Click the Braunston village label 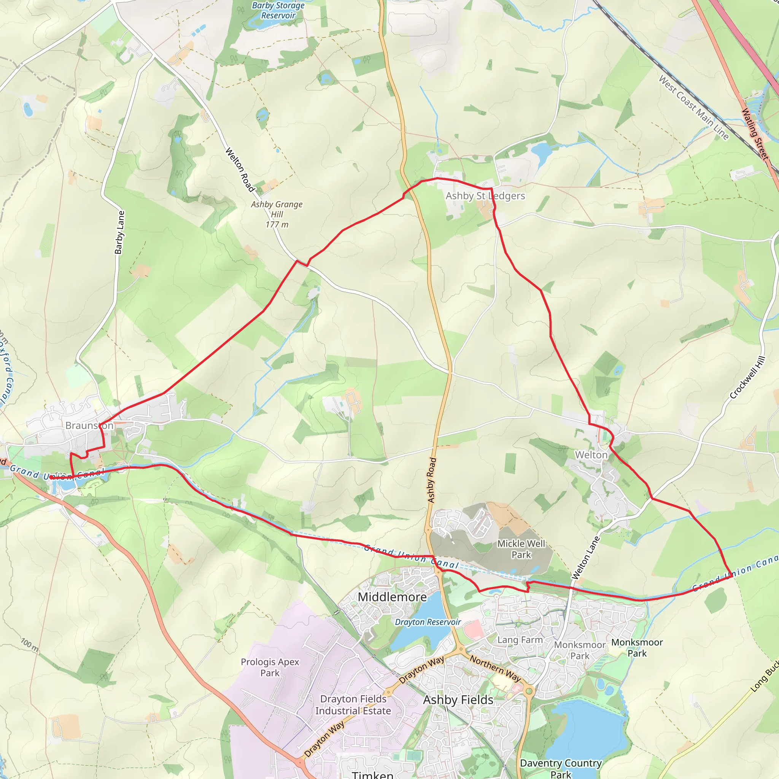[89, 426]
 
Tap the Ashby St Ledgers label [485, 196]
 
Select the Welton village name [591, 455]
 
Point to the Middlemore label [392, 597]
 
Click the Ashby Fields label [458, 700]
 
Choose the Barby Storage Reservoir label [278, 11]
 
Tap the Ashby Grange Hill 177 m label [277, 215]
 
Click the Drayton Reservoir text [428, 622]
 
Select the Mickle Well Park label [521, 549]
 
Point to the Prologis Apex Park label [270, 667]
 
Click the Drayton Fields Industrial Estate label [353, 705]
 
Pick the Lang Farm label [520, 640]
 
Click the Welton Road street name [240, 170]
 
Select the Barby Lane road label [119, 233]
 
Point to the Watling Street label [755, 134]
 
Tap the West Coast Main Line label [693, 108]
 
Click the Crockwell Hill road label [747, 377]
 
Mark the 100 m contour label [30, 645]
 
